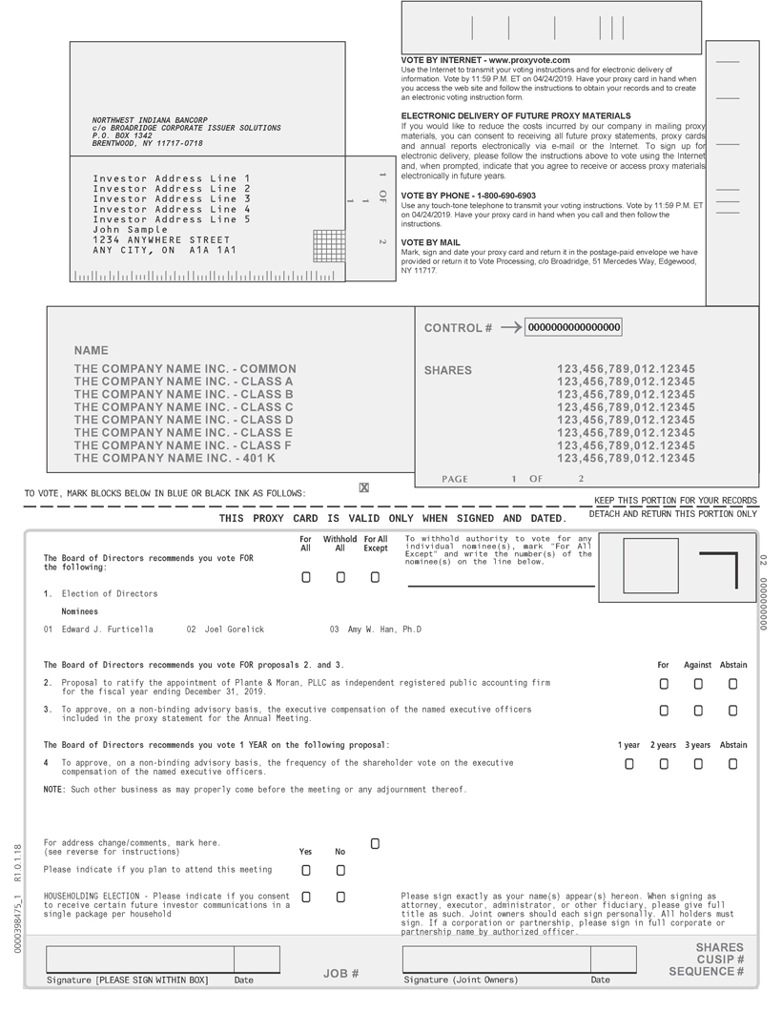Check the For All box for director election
[305, 577]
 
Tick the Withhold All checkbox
[340, 577]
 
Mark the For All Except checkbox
[375, 577]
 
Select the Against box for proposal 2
[698, 684]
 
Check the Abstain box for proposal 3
[732, 711]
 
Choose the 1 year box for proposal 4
[628, 764]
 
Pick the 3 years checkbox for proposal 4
[698, 764]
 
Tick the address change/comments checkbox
[375, 844]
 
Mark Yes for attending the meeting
[305, 871]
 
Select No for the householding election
[340, 898]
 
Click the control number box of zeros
[574, 328]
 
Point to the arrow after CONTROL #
[510, 328]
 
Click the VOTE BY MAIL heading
[430, 242]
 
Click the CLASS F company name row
[183, 445]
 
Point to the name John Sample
[130, 230]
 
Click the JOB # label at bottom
[340, 974]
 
